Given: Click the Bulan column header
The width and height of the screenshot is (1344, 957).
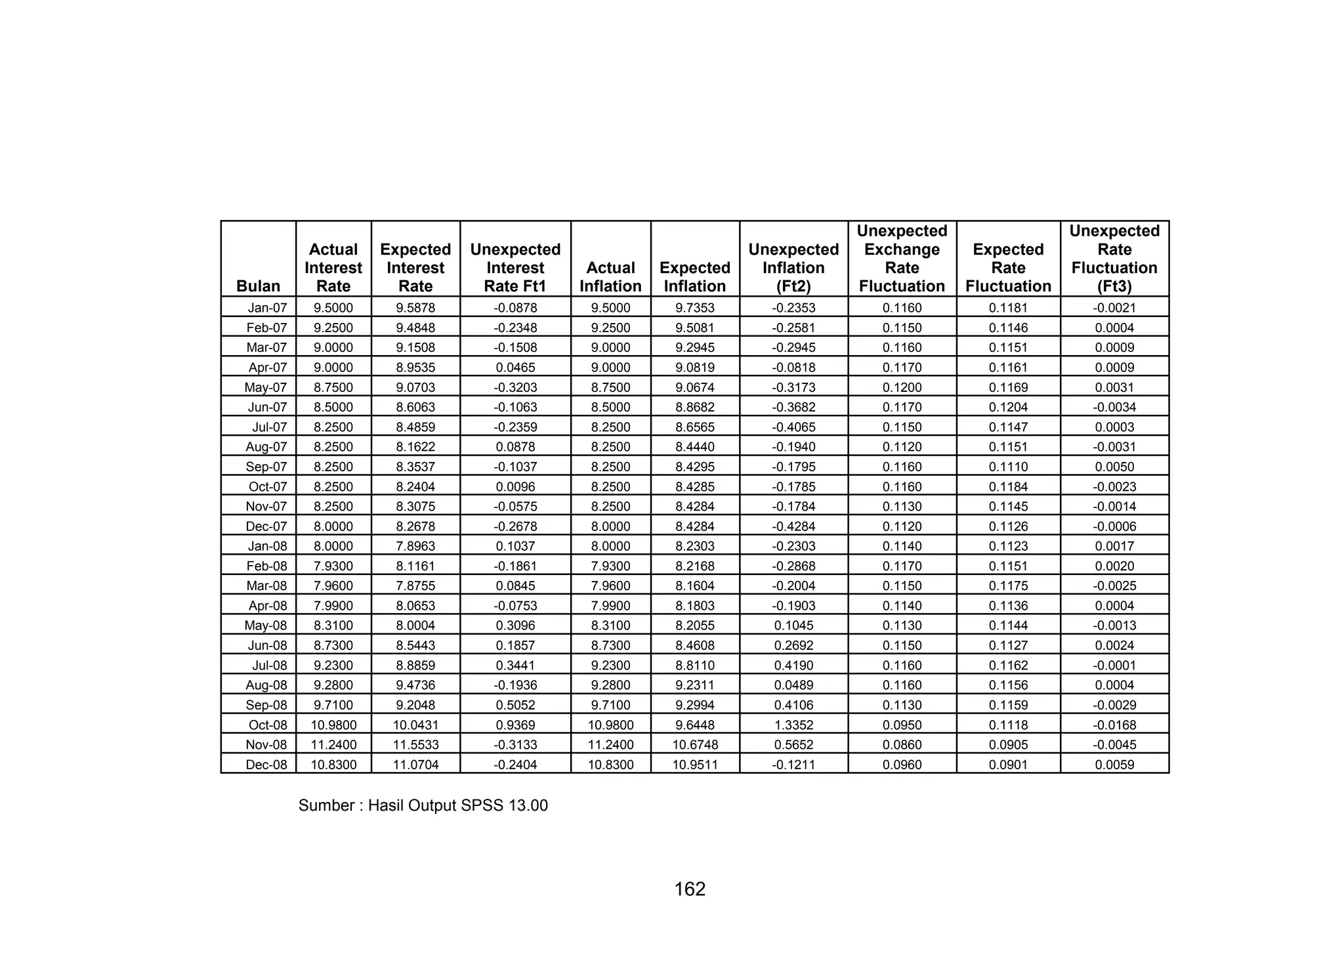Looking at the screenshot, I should pos(258,286).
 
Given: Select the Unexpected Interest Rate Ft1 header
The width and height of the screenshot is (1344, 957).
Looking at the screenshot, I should pos(515,268).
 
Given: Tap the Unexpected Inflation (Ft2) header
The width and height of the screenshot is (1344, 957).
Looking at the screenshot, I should pos(793,268).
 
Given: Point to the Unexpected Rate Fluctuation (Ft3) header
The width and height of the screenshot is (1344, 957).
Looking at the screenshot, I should pos(1114,259).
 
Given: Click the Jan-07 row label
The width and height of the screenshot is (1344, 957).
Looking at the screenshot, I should pos(267,308).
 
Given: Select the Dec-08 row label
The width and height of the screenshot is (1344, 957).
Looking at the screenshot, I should pos(266,765).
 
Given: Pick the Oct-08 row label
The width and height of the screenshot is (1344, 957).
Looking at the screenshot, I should pos(268,725).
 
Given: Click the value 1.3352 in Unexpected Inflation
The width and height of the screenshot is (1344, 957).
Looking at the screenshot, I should pos(793,725).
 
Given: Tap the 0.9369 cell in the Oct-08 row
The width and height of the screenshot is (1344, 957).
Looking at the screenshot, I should pos(515,725).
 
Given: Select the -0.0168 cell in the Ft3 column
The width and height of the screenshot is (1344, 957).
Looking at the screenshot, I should pos(1114,725).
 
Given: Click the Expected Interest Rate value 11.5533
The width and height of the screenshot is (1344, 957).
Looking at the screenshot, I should pos(415,745).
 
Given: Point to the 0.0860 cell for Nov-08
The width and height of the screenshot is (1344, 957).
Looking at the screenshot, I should pos(902,745).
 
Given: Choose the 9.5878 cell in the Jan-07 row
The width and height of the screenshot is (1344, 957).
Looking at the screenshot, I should pos(415,308).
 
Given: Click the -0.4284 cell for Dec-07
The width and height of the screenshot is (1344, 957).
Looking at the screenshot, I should pos(793,526).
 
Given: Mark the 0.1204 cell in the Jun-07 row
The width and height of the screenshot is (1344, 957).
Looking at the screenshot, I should pos(1008,407).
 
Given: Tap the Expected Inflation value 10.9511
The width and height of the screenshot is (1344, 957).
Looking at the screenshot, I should pos(695,765).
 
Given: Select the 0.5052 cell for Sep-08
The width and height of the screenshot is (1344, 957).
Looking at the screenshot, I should pos(515,705).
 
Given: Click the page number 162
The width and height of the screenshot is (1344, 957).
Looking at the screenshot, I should pos(690,889).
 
